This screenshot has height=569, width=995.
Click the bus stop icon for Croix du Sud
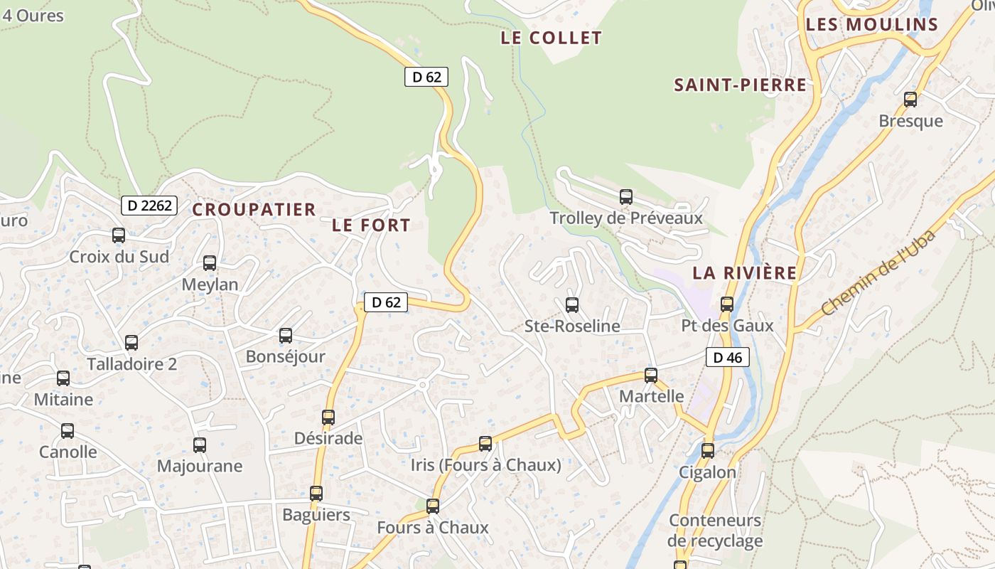click(x=119, y=235)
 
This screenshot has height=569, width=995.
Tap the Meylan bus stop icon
click(x=210, y=263)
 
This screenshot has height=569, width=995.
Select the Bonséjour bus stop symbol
click(x=286, y=336)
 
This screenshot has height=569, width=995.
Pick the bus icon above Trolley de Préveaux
click(x=626, y=197)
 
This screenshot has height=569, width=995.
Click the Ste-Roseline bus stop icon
click(x=572, y=305)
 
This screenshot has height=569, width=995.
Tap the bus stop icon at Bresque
click(x=910, y=100)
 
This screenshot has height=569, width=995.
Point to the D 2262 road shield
click(x=149, y=206)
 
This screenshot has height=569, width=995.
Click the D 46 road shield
click(x=728, y=357)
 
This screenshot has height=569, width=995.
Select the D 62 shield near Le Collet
click(x=426, y=77)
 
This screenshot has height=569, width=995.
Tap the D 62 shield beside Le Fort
click(x=387, y=302)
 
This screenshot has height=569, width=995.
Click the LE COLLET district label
click(x=552, y=38)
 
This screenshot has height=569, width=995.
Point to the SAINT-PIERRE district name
click(x=741, y=85)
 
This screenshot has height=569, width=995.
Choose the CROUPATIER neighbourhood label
click(x=254, y=210)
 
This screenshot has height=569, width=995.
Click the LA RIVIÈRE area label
click(x=745, y=273)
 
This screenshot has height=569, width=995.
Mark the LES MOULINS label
click(x=872, y=25)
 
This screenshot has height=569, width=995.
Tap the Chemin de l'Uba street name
click(x=878, y=272)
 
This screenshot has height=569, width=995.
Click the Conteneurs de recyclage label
click(x=715, y=531)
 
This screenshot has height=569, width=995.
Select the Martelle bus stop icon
click(x=651, y=376)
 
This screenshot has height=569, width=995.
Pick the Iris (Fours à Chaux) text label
click(x=486, y=465)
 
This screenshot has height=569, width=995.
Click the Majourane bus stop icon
click(x=200, y=445)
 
